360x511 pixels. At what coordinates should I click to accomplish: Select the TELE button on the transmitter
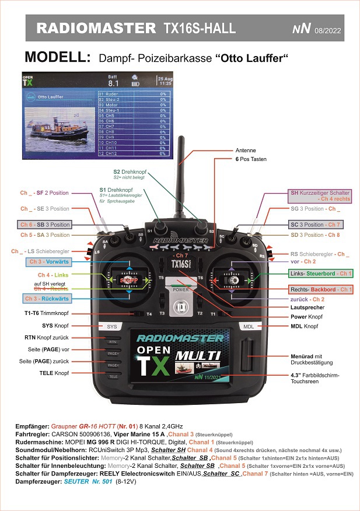(113, 377)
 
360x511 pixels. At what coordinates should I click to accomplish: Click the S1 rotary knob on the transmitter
(159, 226)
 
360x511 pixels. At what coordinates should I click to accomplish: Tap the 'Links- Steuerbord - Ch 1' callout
(321, 274)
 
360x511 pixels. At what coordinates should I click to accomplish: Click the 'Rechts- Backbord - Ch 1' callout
(320, 289)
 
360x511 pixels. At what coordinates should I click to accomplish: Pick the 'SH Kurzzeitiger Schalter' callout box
(320, 196)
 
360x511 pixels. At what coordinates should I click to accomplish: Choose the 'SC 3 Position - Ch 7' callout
(316, 225)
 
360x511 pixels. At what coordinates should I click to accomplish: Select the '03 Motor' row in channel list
(134, 104)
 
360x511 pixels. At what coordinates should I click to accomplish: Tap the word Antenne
(245, 150)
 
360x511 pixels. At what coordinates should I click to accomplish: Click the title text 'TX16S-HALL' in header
(199, 28)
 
